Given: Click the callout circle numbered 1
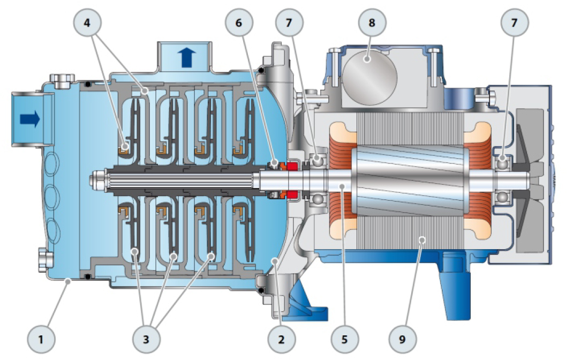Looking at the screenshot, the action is [x=41, y=339].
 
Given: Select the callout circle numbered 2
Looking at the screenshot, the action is [x=282, y=339].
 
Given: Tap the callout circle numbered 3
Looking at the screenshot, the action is [x=146, y=339].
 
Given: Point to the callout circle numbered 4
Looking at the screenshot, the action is [x=87, y=22].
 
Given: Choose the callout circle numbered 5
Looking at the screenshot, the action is [x=345, y=339].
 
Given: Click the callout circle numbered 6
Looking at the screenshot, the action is [x=239, y=22].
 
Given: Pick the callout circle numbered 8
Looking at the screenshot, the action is [x=372, y=22].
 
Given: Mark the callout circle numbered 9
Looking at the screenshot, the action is [x=403, y=339].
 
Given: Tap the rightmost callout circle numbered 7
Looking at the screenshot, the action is [x=514, y=22].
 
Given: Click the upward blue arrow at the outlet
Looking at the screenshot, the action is [x=186, y=57].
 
